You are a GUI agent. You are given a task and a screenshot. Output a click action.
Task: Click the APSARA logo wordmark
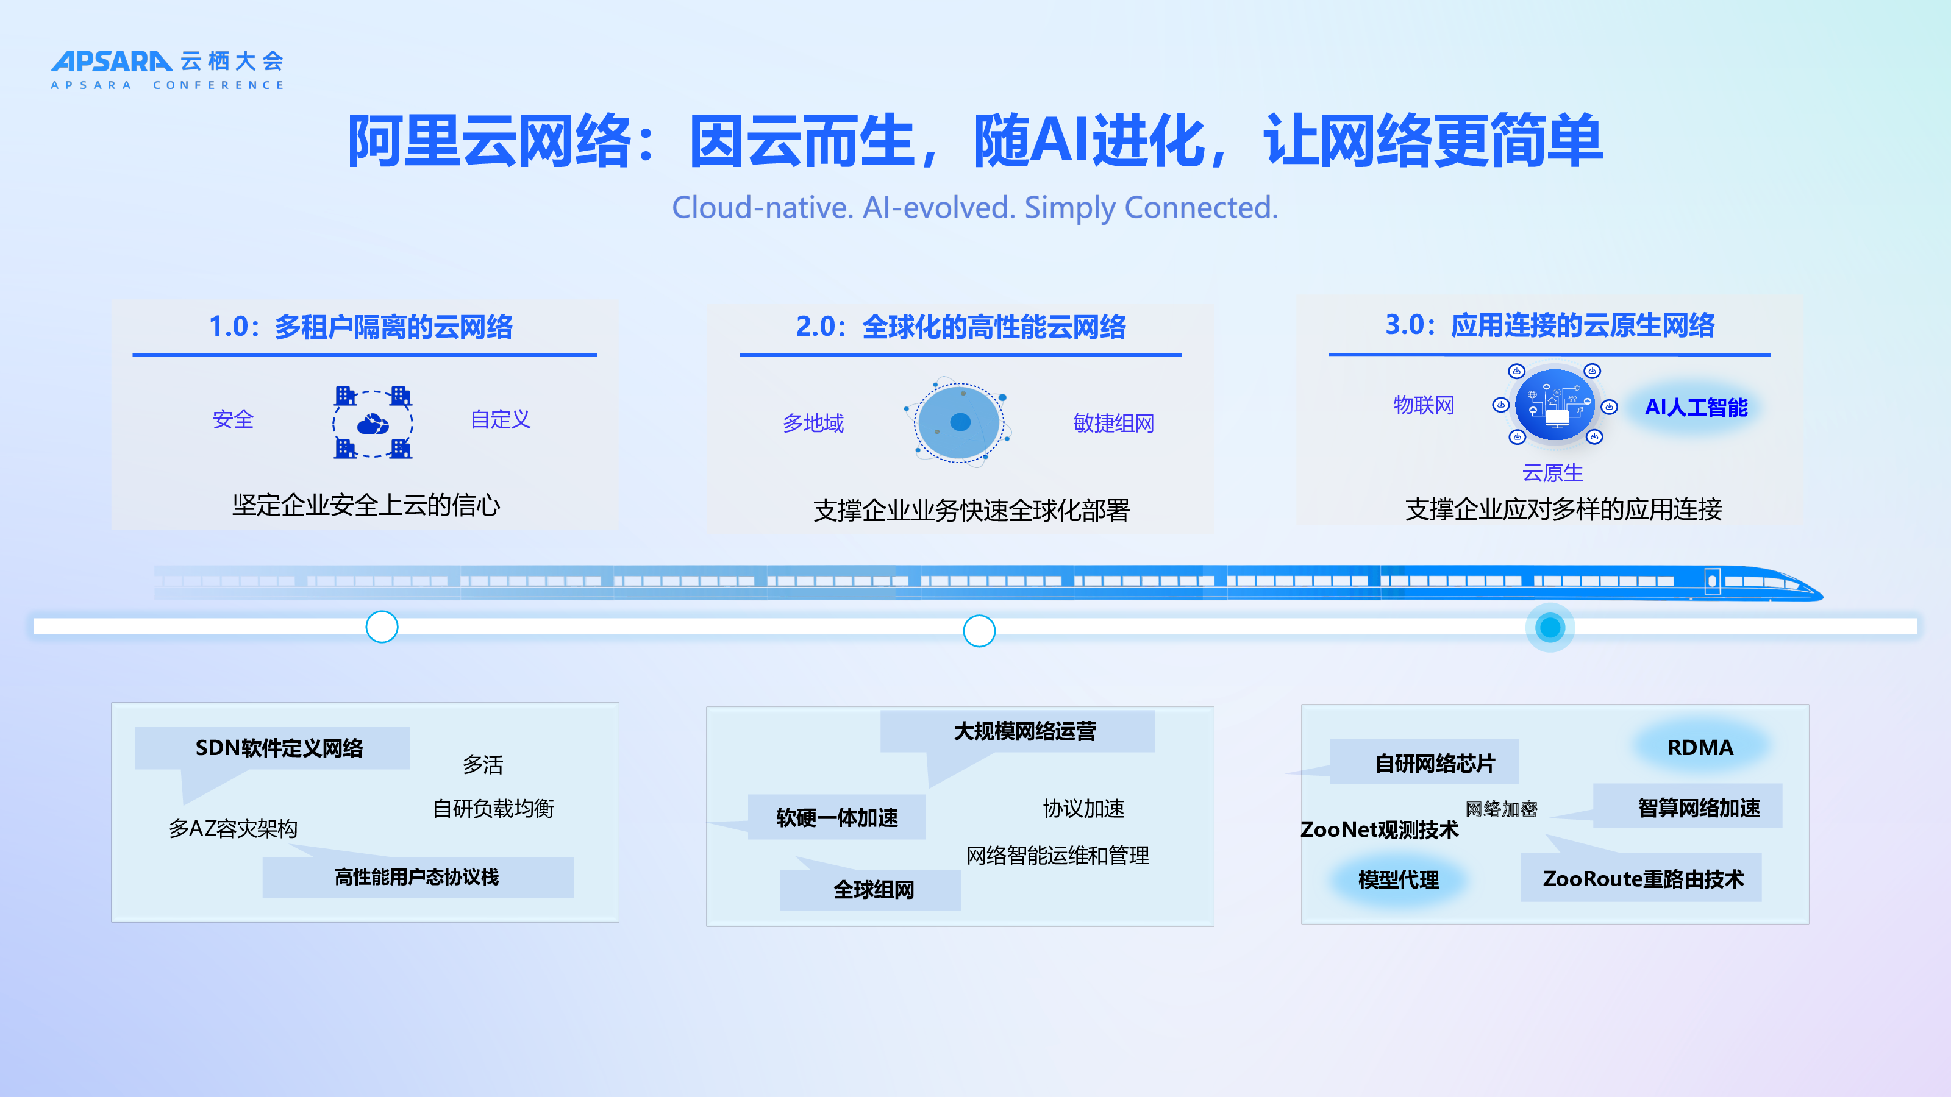tap(112, 62)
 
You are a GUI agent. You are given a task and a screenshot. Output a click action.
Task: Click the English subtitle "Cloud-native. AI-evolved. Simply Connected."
tap(975, 207)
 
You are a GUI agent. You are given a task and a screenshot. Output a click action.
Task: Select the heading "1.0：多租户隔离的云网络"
tap(360, 327)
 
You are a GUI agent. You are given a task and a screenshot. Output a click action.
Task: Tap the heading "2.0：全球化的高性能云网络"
tap(960, 327)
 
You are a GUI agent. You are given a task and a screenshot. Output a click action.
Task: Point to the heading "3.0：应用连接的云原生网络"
tap(1550, 325)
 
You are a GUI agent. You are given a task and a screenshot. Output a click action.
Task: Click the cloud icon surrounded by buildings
tap(373, 422)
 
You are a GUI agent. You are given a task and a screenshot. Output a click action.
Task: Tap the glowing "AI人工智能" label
tap(1696, 407)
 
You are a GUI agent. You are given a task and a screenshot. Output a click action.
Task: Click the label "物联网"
tap(1424, 405)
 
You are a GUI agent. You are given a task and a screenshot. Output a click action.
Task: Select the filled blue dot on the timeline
tap(1550, 627)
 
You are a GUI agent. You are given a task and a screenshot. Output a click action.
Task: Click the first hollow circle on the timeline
tap(382, 627)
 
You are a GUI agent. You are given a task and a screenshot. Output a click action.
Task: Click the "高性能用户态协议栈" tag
tap(417, 877)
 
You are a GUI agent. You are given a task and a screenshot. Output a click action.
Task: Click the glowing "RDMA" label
tap(1700, 747)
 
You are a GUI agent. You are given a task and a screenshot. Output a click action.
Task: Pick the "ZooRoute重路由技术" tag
tap(1641, 878)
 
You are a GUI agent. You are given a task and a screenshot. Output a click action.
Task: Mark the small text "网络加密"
tap(1501, 809)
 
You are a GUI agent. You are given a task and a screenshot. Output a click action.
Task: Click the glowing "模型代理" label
tap(1398, 879)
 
